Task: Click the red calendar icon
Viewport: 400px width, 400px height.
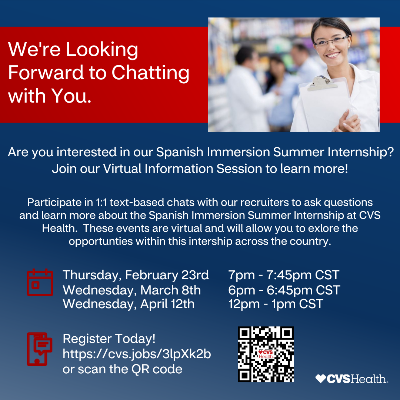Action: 40,282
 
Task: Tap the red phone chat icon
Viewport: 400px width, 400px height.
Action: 40,349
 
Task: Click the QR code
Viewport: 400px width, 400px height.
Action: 266,354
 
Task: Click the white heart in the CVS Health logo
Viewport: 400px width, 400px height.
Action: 320,379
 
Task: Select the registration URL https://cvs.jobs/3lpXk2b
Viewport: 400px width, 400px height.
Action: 137,354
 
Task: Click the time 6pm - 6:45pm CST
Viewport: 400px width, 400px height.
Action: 284,290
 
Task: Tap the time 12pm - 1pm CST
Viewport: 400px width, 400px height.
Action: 276,304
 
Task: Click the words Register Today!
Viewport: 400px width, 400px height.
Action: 109,339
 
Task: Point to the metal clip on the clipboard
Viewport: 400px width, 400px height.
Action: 320,83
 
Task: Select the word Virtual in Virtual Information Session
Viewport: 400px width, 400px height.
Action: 122,169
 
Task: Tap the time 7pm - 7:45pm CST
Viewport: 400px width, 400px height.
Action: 284,275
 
